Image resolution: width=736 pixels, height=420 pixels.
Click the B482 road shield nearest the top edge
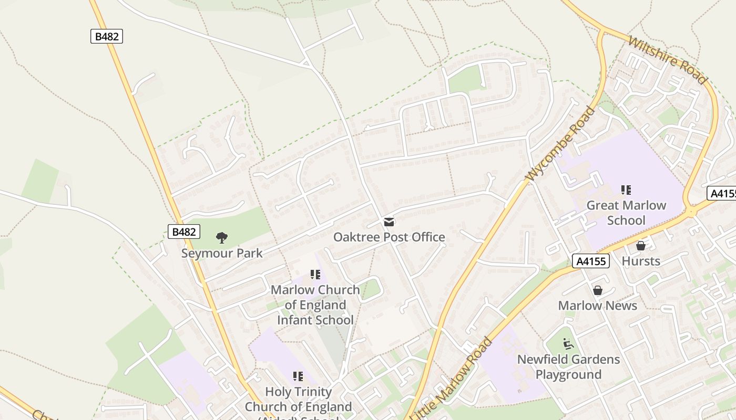107,36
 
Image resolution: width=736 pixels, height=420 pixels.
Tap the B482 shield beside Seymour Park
184,232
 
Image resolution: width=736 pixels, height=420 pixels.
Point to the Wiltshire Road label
668,60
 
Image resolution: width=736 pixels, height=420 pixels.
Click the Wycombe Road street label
561,144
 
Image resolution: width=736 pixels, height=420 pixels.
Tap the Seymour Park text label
222,253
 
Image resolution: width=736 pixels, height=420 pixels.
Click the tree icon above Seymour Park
222,238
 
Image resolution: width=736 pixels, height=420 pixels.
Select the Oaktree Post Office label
389,237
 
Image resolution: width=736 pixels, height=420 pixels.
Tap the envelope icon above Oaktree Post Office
389,222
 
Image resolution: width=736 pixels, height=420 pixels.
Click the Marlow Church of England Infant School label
315,305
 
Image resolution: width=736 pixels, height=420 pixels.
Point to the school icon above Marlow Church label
315,275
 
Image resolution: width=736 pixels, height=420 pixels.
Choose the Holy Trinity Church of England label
298,400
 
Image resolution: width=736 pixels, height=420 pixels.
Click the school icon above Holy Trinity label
298,376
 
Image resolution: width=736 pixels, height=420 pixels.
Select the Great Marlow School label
626,213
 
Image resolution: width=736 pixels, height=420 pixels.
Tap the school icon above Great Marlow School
626,190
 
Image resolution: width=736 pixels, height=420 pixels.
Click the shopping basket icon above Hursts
641,245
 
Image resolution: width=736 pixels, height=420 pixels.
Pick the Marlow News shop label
598,306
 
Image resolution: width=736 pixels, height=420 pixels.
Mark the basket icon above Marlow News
598,290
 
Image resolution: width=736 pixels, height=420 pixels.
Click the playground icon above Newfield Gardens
568,344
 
